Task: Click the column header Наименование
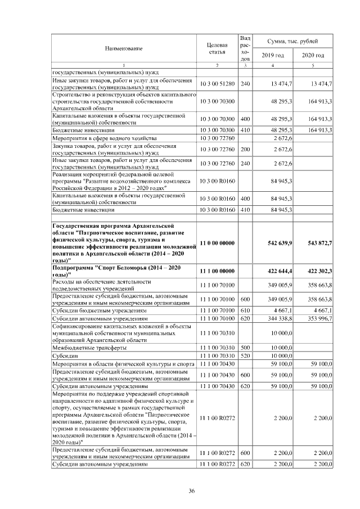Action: (123, 48)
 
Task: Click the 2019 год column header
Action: (273, 55)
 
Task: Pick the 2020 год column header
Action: (313, 55)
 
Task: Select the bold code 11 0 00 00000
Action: (217, 242)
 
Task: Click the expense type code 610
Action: (245, 310)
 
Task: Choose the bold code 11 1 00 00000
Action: (217, 271)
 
